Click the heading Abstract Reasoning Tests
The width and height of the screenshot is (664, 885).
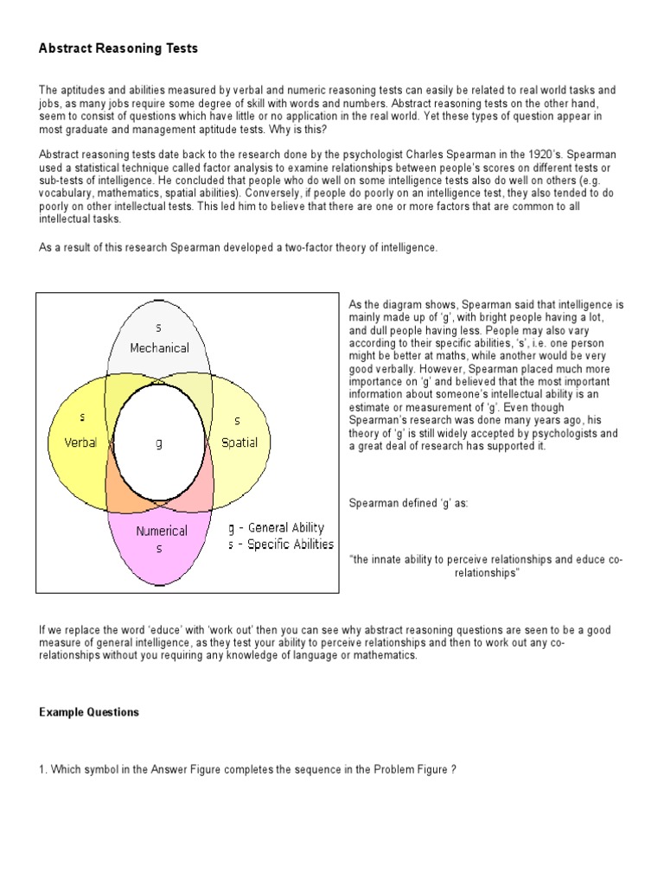[118, 48]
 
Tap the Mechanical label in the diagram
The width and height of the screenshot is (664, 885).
[159, 347]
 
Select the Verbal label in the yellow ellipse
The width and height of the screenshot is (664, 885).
[80, 442]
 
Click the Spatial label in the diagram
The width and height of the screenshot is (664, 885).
[239, 442]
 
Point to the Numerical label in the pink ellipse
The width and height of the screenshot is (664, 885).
[162, 531]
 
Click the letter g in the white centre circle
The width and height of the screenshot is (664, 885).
[159, 443]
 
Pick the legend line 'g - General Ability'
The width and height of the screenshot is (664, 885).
[276, 528]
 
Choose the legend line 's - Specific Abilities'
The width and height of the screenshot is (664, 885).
[280, 544]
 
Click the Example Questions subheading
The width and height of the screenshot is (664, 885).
[89, 712]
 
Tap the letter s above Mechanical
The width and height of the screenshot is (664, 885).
[158, 328]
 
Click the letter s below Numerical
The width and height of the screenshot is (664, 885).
[159, 549]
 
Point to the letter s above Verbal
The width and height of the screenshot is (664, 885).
[83, 417]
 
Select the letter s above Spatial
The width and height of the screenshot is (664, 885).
[238, 421]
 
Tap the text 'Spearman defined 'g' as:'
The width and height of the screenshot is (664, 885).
[408, 502]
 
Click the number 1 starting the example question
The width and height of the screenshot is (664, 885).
[41, 769]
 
